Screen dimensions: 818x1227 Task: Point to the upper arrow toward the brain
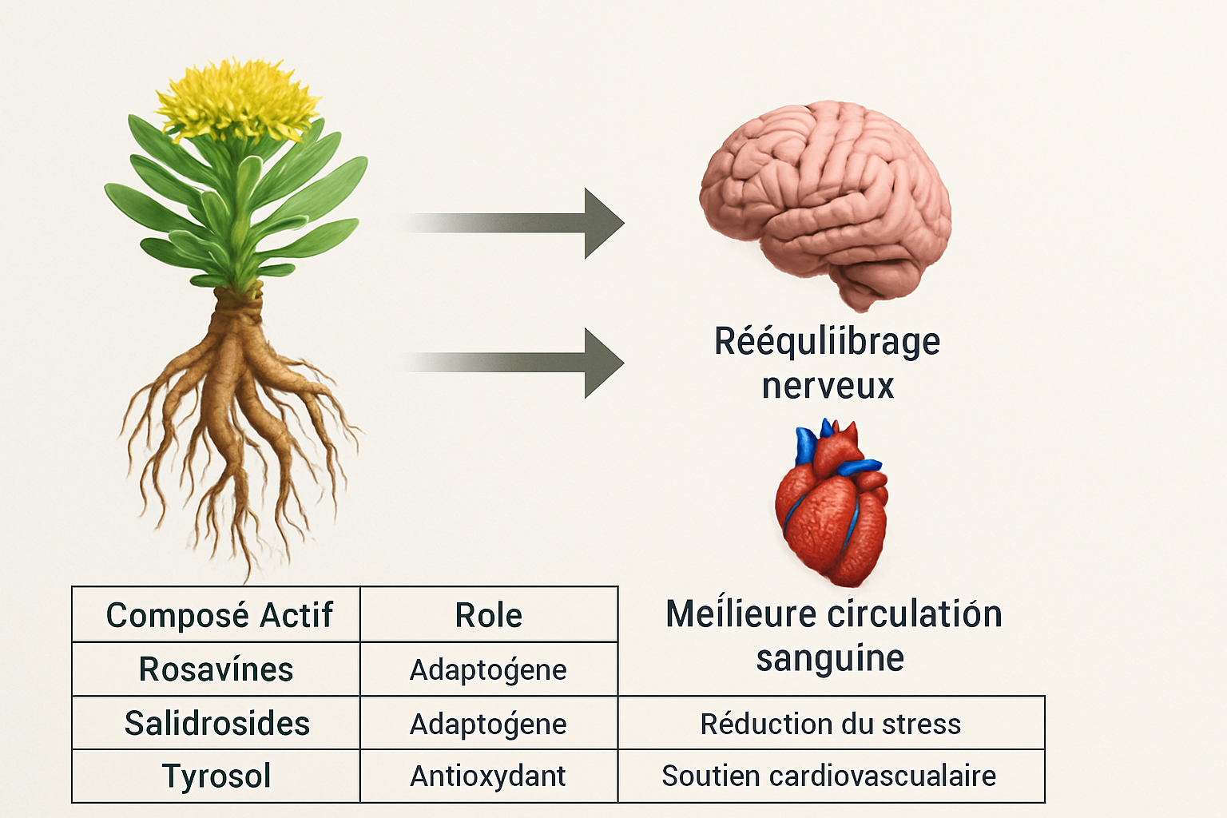[x=519, y=223]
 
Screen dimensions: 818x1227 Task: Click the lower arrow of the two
[x=519, y=363]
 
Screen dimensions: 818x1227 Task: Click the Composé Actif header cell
[x=218, y=615]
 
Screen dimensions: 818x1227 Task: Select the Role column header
[x=488, y=615]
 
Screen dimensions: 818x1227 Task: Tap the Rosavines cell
[x=216, y=669]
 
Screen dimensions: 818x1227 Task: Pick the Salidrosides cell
[x=216, y=724]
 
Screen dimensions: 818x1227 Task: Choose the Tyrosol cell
[x=216, y=776]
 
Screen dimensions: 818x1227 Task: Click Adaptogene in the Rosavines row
[x=488, y=669]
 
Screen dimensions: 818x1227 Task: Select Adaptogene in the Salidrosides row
[x=488, y=724]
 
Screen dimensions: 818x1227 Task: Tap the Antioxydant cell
[x=488, y=776]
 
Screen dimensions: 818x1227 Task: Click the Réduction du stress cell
[x=831, y=724]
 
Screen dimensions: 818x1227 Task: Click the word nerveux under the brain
[x=828, y=386]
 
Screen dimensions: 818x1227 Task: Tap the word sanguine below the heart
[x=830, y=658]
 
